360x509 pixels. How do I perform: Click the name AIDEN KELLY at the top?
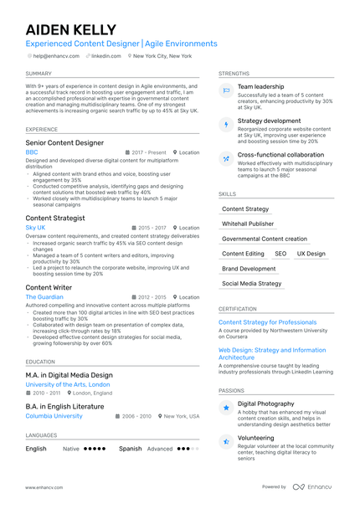click(70, 30)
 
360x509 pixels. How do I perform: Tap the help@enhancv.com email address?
click(56, 55)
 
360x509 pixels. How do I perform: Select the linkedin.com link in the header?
click(105, 55)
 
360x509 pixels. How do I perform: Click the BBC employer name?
click(32, 153)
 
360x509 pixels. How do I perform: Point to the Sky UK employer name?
click(35, 228)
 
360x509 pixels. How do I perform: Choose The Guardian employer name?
click(44, 297)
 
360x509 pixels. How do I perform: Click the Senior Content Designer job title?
click(64, 143)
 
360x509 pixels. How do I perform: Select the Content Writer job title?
click(49, 287)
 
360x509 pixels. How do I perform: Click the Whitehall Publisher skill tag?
click(247, 224)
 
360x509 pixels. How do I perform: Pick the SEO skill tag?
click(280, 254)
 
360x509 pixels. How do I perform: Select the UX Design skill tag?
click(311, 254)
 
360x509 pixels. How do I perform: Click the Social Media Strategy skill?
click(251, 284)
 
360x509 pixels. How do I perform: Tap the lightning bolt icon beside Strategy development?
click(225, 125)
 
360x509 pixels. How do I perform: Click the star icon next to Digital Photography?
click(225, 408)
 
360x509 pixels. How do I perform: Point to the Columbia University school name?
click(54, 416)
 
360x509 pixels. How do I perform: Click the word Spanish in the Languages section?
click(130, 449)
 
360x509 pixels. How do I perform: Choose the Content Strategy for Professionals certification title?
click(267, 322)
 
